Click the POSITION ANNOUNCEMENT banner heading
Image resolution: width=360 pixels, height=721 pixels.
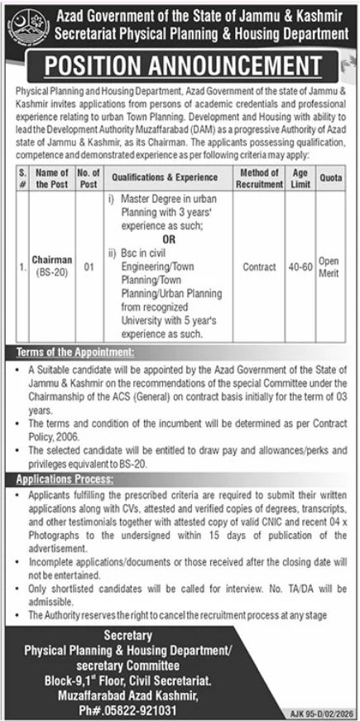[180, 66]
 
